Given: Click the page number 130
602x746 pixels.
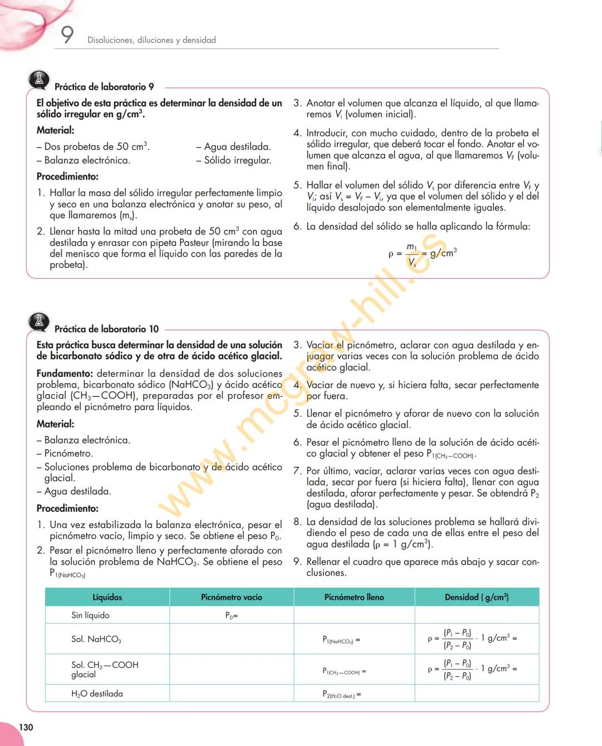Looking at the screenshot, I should (x=26, y=727).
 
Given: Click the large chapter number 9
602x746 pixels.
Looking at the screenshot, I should (x=67, y=35).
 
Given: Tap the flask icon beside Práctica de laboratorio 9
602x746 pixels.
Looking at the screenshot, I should (x=39, y=81).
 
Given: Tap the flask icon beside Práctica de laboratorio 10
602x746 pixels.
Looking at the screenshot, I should (x=39, y=322).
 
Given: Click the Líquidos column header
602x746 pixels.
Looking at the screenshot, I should (x=107, y=597).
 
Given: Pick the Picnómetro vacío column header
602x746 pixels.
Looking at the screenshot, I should (x=231, y=597).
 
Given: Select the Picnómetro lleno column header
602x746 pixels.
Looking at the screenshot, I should (x=354, y=597).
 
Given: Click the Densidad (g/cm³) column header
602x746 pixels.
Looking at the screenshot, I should (x=477, y=597).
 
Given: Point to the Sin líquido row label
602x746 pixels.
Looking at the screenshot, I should (x=90, y=615).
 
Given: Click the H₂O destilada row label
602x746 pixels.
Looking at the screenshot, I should (x=97, y=694).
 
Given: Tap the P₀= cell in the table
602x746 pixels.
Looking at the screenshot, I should (x=231, y=616).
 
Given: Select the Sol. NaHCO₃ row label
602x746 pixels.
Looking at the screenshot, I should (x=96, y=639).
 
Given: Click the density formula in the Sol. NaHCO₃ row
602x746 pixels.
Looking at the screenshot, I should (x=472, y=639).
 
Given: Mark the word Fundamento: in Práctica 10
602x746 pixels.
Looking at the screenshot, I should (x=65, y=374).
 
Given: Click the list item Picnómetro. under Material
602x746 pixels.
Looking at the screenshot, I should (x=68, y=453).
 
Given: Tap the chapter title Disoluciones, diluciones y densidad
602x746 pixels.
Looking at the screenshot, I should (x=152, y=40).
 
